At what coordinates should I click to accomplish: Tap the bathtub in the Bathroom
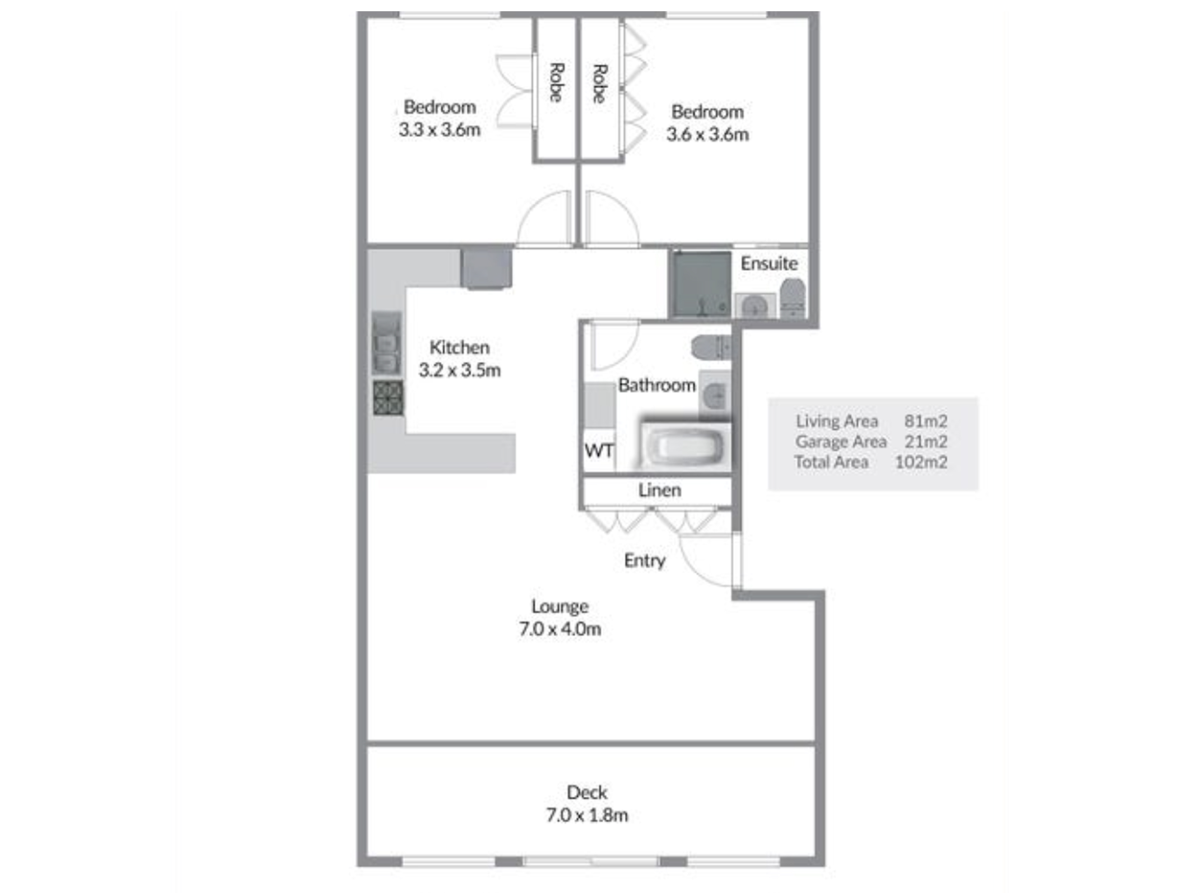[x=684, y=445]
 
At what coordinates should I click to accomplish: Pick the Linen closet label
[x=660, y=490]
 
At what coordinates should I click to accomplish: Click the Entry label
[x=645, y=560]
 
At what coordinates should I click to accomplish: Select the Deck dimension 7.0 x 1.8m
[x=587, y=815]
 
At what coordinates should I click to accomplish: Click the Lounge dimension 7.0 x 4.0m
[x=560, y=628]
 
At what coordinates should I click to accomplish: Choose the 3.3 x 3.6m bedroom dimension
[x=439, y=129]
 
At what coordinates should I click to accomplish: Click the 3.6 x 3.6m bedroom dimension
[x=707, y=134]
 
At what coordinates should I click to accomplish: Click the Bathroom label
[x=657, y=385]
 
